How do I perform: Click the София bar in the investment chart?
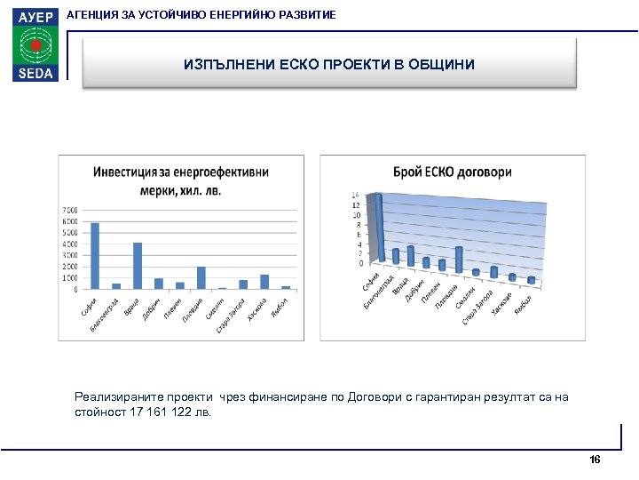tap(95, 256)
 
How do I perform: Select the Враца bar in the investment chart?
tap(138, 266)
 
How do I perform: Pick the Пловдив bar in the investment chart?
tap(201, 277)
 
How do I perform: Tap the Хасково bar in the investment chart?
tap(264, 282)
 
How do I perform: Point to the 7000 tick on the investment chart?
tap(68, 211)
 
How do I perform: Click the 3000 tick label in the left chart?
tap(68, 255)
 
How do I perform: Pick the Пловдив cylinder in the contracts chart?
tap(459, 259)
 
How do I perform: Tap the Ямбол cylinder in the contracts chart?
tap(531, 280)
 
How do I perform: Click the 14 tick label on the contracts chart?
tap(356, 195)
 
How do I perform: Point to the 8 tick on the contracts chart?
tap(357, 225)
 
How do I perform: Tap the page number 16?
tap(595, 460)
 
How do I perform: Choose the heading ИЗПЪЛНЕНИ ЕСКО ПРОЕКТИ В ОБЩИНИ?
tap(329, 65)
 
